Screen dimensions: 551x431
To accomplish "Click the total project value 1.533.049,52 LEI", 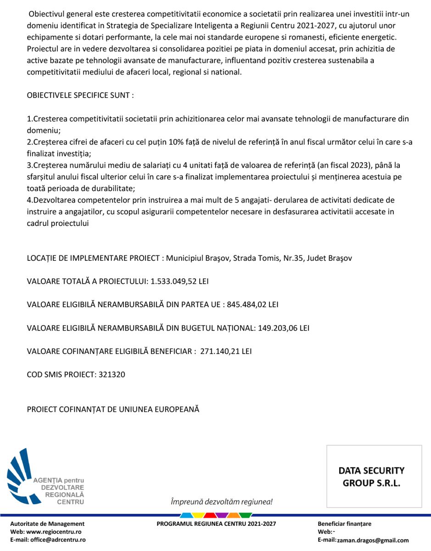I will coord(179,281).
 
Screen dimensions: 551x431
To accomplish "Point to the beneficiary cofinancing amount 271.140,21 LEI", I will coord(226,351).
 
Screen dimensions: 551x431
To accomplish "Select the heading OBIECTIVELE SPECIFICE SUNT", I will coord(80,96).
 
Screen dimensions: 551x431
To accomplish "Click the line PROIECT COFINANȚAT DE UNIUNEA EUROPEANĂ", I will coord(113,409).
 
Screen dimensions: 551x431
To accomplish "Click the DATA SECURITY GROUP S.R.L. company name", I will coord(371,477).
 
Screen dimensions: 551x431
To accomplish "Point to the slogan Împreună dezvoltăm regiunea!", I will coord(221,502).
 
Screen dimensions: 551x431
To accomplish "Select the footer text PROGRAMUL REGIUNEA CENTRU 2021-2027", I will coord(216,524).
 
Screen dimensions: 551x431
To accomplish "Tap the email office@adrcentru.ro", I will coord(58,540).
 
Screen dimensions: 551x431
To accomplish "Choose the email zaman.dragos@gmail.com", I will coord(373,540).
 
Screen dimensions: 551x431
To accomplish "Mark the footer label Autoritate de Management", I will coord(47,524).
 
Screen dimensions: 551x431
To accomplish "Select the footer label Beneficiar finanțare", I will coord(344,524).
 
